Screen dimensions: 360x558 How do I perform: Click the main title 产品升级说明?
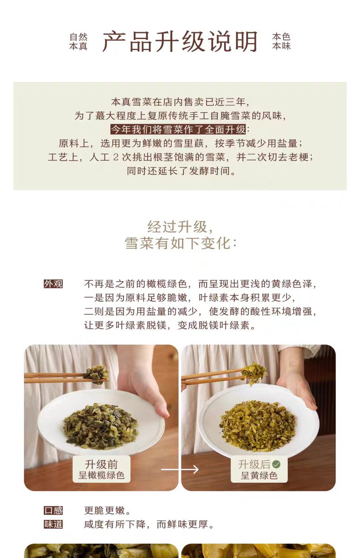click(180, 41)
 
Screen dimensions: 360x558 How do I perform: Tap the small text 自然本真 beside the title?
click(78, 41)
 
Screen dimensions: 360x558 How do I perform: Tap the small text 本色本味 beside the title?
click(281, 41)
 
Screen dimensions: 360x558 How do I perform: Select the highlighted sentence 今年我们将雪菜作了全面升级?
click(178, 130)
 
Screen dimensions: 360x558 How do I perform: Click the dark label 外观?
click(53, 284)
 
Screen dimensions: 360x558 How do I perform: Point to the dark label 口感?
click(53, 511)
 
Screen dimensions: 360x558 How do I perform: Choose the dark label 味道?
click(53, 525)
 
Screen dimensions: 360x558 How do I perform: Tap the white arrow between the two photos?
click(180, 469)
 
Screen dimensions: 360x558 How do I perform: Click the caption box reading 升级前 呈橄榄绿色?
click(101, 470)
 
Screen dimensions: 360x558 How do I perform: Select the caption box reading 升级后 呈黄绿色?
click(259, 470)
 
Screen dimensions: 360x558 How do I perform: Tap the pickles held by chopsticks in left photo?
click(97, 374)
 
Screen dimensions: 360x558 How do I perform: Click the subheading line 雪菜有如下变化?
click(180, 243)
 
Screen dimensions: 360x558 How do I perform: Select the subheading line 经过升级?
click(180, 227)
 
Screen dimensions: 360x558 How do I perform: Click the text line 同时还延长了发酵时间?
click(181, 171)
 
